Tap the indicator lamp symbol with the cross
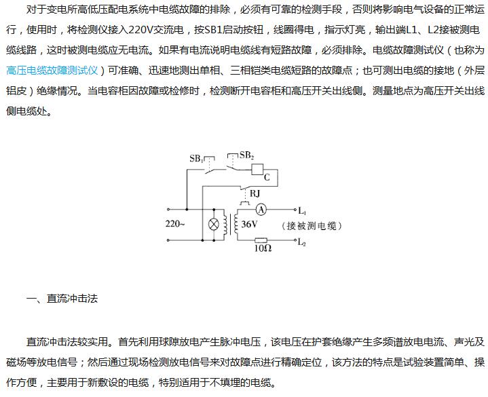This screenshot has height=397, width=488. point(214,224)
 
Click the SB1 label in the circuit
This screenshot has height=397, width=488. point(197,159)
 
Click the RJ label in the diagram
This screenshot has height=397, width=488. point(255,193)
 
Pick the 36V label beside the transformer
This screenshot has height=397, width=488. point(250,224)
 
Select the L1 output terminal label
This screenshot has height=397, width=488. point(302,211)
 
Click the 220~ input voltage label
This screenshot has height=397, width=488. point(175,223)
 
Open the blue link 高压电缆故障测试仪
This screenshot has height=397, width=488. point(53,70)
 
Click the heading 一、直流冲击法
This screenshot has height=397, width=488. point(61,298)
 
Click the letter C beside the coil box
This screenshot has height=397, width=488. point(267,176)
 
